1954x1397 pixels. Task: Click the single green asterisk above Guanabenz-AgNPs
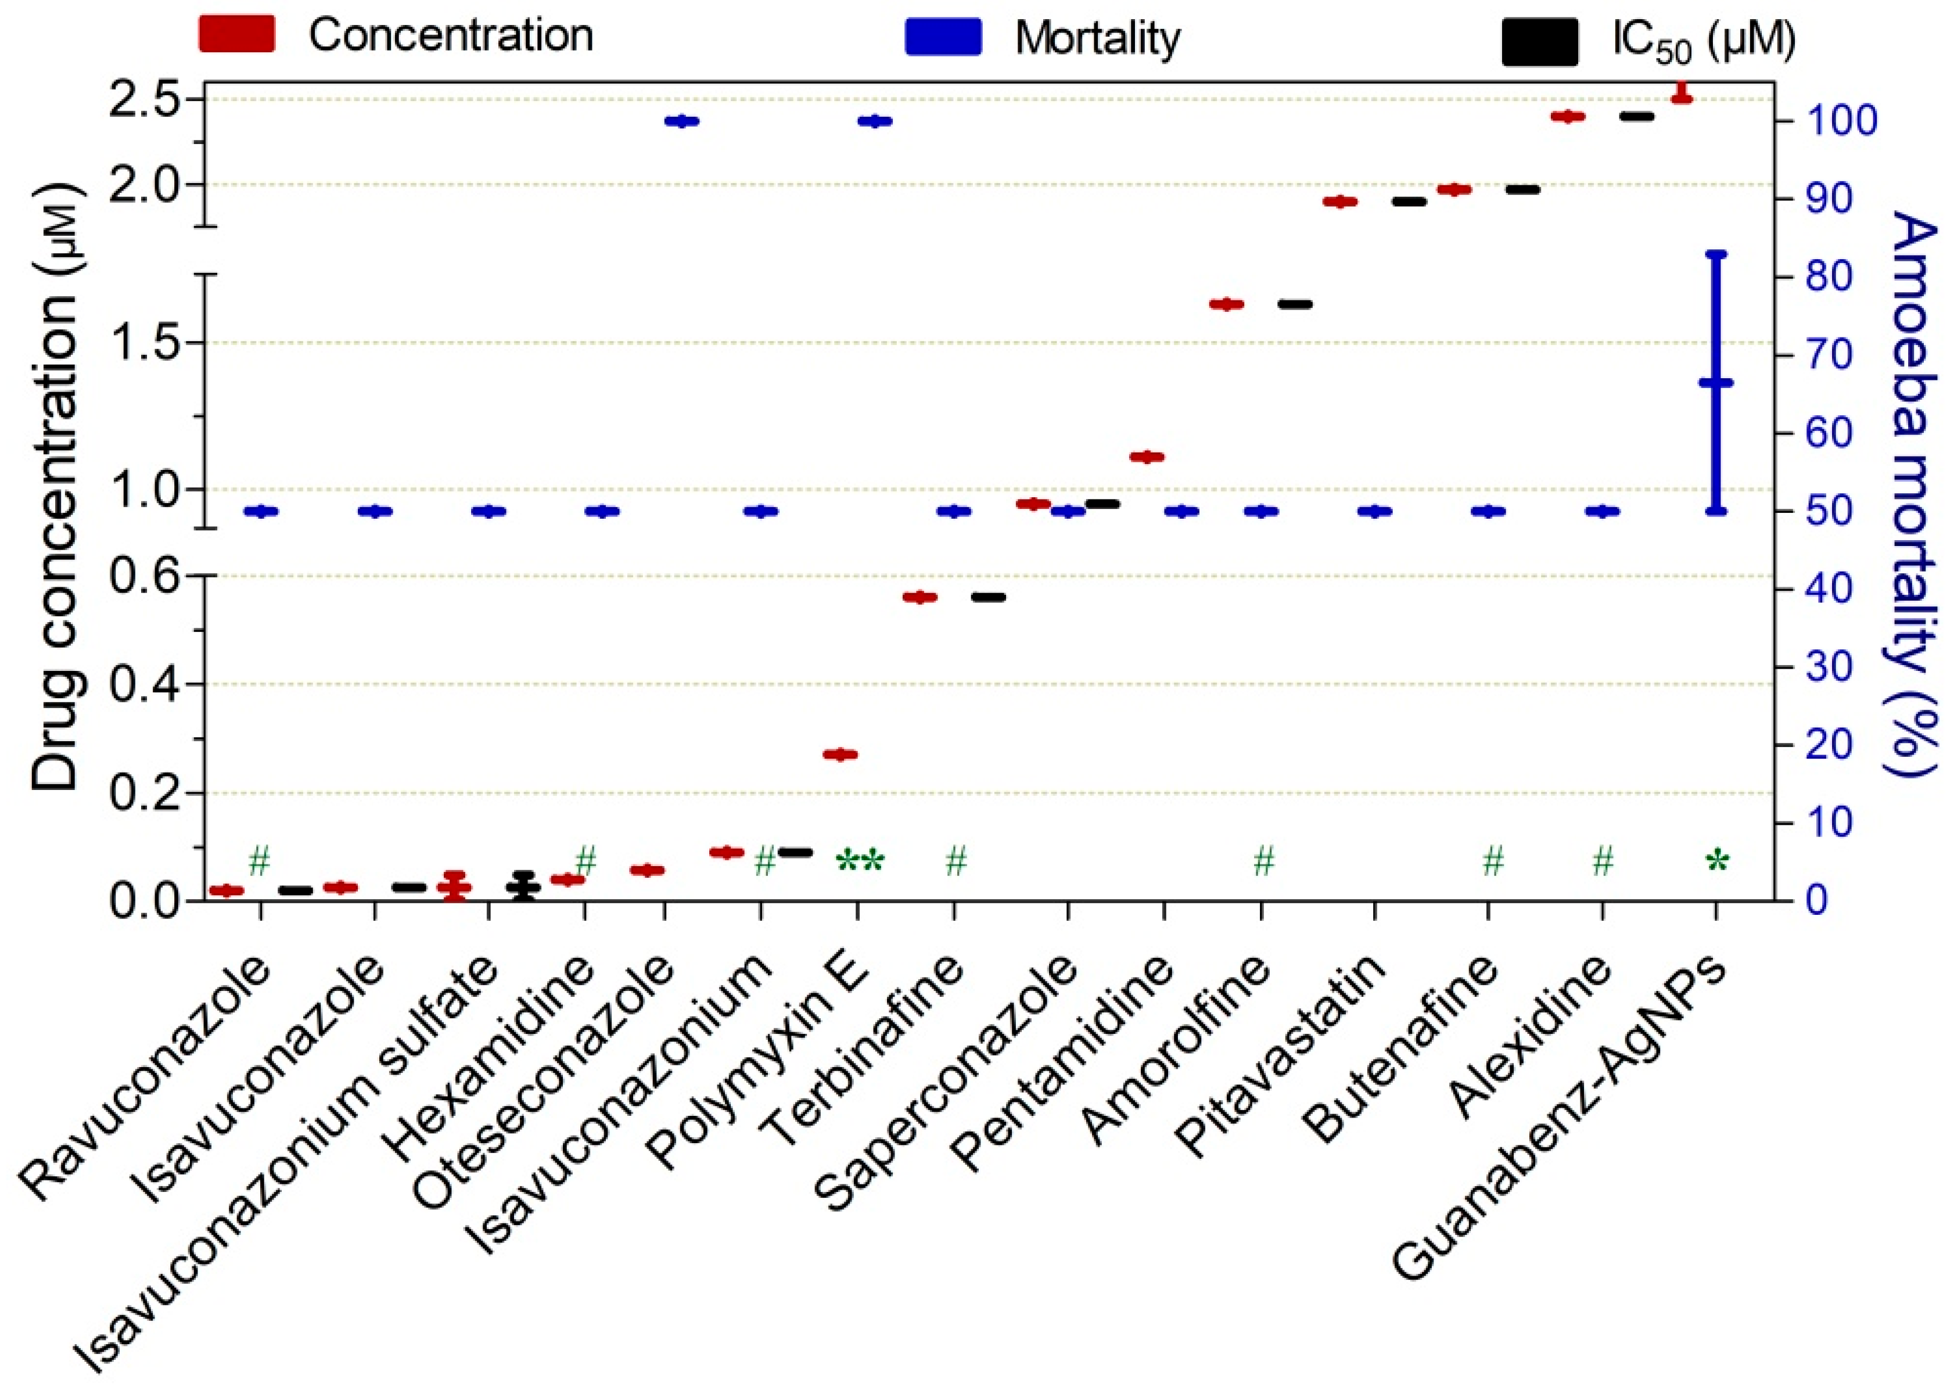[x=1716, y=861]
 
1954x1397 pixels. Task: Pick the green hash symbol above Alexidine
[x=1602, y=860]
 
